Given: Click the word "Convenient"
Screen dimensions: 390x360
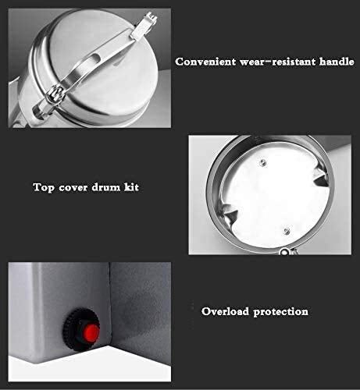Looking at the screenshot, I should click(206, 61).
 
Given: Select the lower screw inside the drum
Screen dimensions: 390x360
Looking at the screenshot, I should click(285, 229).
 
